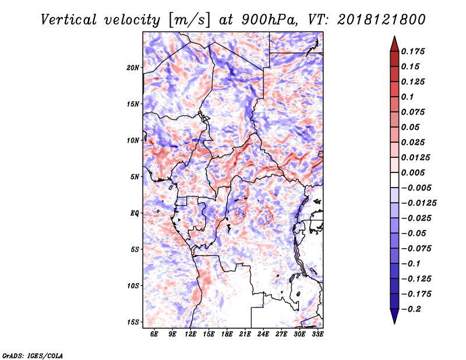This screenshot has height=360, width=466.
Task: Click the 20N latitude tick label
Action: coord(133,68)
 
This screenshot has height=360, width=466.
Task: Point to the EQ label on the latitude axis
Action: coord(135,213)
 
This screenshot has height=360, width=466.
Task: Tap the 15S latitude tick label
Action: coord(133,322)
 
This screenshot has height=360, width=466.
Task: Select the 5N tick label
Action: coord(135,177)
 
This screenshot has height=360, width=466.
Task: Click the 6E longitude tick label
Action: coord(154,334)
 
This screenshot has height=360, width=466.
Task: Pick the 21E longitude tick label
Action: coord(245,334)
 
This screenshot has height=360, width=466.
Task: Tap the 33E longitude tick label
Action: coord(317,334)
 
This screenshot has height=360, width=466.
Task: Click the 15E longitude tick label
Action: coord(209,334)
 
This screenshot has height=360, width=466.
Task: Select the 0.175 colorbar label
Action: coord(413,51)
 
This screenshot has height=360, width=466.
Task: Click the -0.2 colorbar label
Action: coord(412,309)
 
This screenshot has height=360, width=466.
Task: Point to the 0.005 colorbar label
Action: coord(413,172)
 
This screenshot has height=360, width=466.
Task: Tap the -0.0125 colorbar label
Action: coord(419,203)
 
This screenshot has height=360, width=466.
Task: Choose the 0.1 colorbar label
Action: coord(407,97)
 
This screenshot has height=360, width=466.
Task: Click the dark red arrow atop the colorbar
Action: coord(394,44)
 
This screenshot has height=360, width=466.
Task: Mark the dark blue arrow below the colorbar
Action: coord(394,316)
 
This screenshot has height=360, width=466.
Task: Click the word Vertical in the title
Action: coord(69,20)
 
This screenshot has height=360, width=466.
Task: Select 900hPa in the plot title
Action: coord(270,20)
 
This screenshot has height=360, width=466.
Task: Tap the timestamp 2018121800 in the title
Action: coord(382,20)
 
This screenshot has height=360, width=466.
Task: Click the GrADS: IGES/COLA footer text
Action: coord(33,355)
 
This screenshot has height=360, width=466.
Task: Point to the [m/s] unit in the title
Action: coord(189,20)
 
